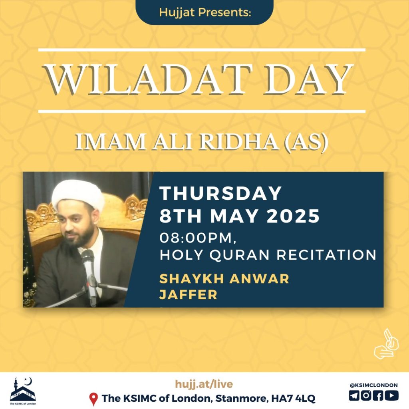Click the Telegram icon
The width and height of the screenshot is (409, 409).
point(354,395)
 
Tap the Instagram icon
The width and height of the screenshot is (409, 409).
point(366,395)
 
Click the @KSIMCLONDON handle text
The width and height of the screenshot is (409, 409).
point(373,385)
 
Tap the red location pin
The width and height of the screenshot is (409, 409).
point(93,399)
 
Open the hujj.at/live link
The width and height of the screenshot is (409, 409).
point(204,384)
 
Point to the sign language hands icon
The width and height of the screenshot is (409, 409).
point(386,344)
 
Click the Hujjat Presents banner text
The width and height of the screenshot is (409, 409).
point(205,12)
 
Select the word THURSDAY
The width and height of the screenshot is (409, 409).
point(220,193)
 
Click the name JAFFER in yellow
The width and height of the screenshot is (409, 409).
point(189,295)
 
